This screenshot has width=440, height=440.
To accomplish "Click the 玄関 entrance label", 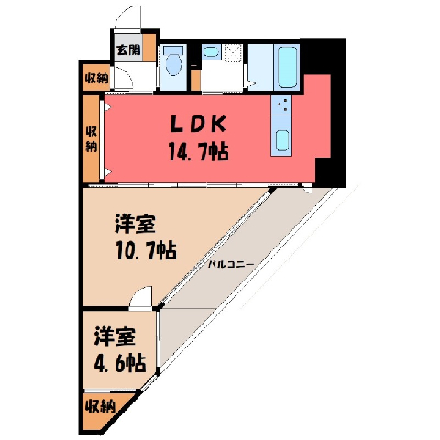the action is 128,49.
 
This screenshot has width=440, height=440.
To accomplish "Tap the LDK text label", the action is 197,125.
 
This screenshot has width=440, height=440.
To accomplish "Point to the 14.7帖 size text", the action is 198,151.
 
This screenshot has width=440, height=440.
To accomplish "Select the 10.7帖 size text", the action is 147,250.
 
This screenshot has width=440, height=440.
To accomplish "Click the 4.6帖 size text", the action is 119,363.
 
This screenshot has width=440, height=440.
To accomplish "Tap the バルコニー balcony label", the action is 231,265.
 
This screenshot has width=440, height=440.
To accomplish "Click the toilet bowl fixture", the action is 173,63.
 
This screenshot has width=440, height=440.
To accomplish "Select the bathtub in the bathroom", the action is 287,67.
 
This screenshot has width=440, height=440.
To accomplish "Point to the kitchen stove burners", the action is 281,104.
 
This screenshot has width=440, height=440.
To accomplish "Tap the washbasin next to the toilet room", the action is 210,51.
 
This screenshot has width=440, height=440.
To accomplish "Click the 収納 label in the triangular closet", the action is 100,406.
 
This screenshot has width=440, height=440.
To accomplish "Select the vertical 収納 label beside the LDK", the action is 91,139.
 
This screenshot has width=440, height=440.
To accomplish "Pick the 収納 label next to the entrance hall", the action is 96,79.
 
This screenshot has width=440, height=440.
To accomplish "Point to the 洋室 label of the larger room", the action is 135,225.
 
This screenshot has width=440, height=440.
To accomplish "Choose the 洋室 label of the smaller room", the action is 115,336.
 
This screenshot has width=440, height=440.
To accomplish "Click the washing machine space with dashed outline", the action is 233,53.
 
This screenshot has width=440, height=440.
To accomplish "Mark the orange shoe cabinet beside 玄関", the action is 149,48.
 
